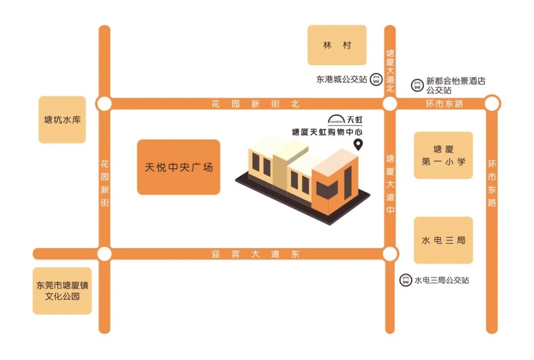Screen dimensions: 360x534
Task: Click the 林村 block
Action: click(x=337, y=45)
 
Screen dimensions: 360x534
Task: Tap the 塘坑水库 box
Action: click(x=62, y=120)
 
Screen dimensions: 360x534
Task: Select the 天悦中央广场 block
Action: click(x=178, y=167)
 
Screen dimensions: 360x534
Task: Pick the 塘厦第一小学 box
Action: click(x=443, y=155)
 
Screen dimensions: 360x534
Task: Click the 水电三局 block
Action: click(x=443, y=240)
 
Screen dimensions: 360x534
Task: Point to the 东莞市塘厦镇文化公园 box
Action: click(x=62, y=291)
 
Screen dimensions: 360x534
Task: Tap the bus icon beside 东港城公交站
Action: click(x=376, y=79)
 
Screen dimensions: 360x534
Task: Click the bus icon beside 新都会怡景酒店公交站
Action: click(x=417, y=85)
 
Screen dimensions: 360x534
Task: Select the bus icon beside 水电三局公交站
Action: click(x=405, y=280)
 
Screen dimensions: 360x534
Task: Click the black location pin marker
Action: click(x=359, y=144)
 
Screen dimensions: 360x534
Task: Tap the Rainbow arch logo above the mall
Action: click(x=336, y=119)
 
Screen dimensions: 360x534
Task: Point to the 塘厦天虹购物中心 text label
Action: click(x=327, y=132)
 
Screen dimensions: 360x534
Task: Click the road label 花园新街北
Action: click(x=255, y=104)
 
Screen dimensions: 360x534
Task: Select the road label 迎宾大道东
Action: click(x=255, y=254)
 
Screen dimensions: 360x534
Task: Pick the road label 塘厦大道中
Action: click(x=390, y=183)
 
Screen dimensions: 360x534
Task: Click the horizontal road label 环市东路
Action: click(x=445, y=104)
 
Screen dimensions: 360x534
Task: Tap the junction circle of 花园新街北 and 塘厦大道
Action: click(x=390, y=104)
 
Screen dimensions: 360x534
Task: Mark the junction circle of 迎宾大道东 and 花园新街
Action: click(x=104, y=254)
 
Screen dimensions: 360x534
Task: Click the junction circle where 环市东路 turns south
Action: click(x=492, y=104)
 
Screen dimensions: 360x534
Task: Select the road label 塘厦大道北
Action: click(x=390, y=71)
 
